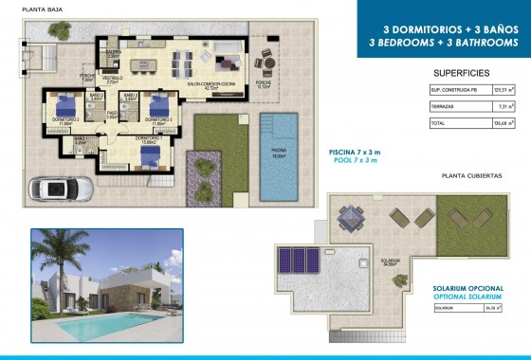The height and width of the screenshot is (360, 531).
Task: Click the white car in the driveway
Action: (60, 189)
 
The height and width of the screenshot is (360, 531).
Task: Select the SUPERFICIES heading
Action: (461, 72)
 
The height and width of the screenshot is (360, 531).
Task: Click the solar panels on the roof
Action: (301, 259)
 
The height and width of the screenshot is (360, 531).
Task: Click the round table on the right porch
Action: (265, 64)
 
